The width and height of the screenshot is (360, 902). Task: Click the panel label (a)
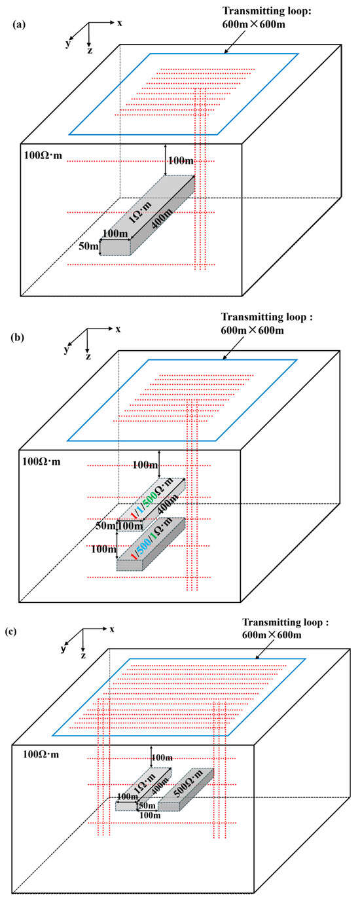click(19, 25)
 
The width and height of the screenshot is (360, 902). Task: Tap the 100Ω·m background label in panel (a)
click(43, 155)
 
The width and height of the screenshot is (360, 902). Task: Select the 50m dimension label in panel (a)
click(88, 245)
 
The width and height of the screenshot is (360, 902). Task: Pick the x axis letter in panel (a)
click(120, 23)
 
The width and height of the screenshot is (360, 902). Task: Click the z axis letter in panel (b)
click(88, 356)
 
